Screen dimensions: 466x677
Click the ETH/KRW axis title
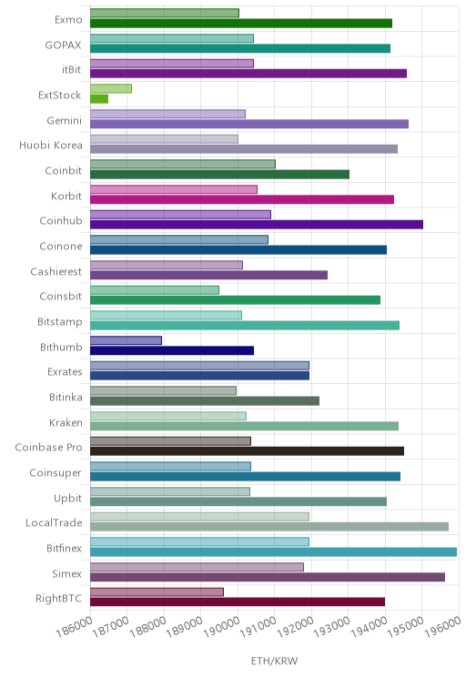point(274,661)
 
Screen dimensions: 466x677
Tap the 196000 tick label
point(442,627)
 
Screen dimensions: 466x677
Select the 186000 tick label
point(74,627)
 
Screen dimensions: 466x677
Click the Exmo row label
point(68,19)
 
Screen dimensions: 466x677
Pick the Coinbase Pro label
point(48,448)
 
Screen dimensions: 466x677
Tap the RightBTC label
point(59,599)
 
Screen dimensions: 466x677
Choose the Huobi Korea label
point(51,145)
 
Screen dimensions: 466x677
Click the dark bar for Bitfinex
point(273,551)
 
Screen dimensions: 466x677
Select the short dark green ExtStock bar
point(99,99)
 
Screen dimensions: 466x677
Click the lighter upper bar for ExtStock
point(111,88)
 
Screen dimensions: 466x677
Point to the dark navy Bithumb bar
point(172,350)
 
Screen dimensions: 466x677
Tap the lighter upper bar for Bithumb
point(127,340)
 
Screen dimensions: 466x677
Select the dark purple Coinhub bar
point(257,225)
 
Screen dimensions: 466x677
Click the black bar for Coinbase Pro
point(247,451)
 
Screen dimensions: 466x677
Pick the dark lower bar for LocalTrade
point(269,527)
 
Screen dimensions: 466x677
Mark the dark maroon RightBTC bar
point(238,601)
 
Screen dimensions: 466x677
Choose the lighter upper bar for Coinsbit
point(155,290)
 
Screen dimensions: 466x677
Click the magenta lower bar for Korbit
point(242,199)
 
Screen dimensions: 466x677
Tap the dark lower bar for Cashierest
point(209,275)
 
